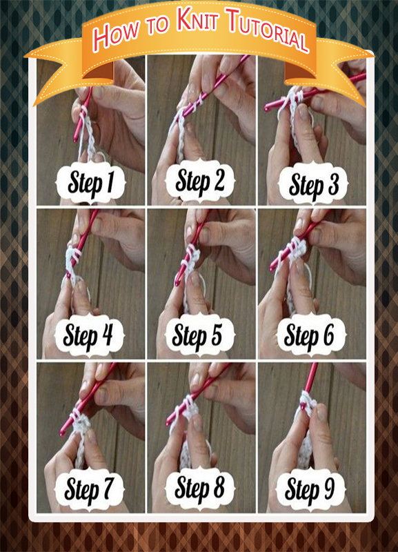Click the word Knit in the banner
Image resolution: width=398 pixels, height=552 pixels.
(x=197, y=19)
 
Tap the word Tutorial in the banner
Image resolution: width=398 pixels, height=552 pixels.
(x=268, y=29)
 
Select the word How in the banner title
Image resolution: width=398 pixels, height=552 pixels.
(x=116, y=34)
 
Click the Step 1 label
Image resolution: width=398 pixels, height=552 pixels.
(x=91, y=182)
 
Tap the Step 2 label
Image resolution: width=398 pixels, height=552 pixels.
(x=200, y=181)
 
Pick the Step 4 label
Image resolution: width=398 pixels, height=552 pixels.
(x=89, y=335)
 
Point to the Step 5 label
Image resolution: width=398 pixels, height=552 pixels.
(x=198, y=334)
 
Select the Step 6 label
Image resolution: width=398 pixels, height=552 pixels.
(x=310, y=335)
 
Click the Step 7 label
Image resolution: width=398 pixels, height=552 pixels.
(x=89, y=489)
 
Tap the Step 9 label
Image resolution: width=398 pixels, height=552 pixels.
(x=310, y=489)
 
